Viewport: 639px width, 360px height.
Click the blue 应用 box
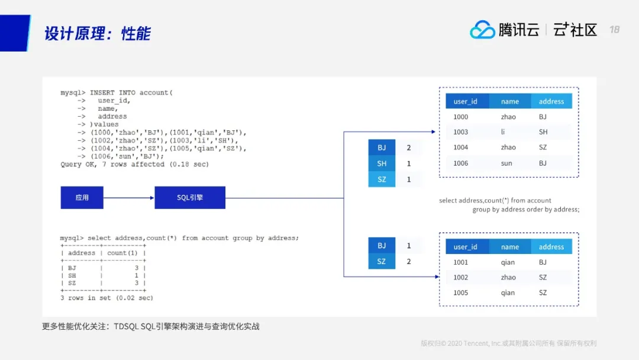pyautogui.click(x=82, y=198)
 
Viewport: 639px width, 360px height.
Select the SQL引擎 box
pyautogui.click(x=190, y=198)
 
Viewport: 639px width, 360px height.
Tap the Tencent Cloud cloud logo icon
pyautogui.click(x=482, y=30)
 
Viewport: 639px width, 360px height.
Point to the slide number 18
pyautogui.click(x=614, y=30)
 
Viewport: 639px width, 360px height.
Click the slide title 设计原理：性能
pyautogui.click(x=98, y=33)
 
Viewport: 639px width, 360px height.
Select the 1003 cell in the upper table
pyautogui.click(x=461, y=132)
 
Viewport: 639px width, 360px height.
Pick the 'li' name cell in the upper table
pyautogui.click(x=503, y=132)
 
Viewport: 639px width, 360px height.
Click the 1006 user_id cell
pyautogui.click(x=461, y=163)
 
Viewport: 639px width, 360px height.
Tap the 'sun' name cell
pyautogui.click(x=507, y=163)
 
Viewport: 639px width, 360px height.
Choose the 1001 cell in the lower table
pyautogui.click(x=461, y=262)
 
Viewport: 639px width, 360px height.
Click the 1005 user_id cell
pyautogui.click(x=461, y=293)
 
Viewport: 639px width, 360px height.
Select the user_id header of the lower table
pyautogui.click(x=466, y=247)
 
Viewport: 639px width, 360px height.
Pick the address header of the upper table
pyautogui.click(x=551, y=101)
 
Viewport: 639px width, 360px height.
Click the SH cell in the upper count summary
pyautogui.click(x=382, y=163)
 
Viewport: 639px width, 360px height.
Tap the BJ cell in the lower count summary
pyautogui.click(x=382, y=246)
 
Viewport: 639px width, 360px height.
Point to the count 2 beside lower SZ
pyautogui.click(x=409, y=261)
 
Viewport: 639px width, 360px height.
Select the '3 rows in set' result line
pyautogui.click(x=106, y=298)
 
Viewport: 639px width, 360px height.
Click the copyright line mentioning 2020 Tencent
pyautogui.click(x=508, y=343)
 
